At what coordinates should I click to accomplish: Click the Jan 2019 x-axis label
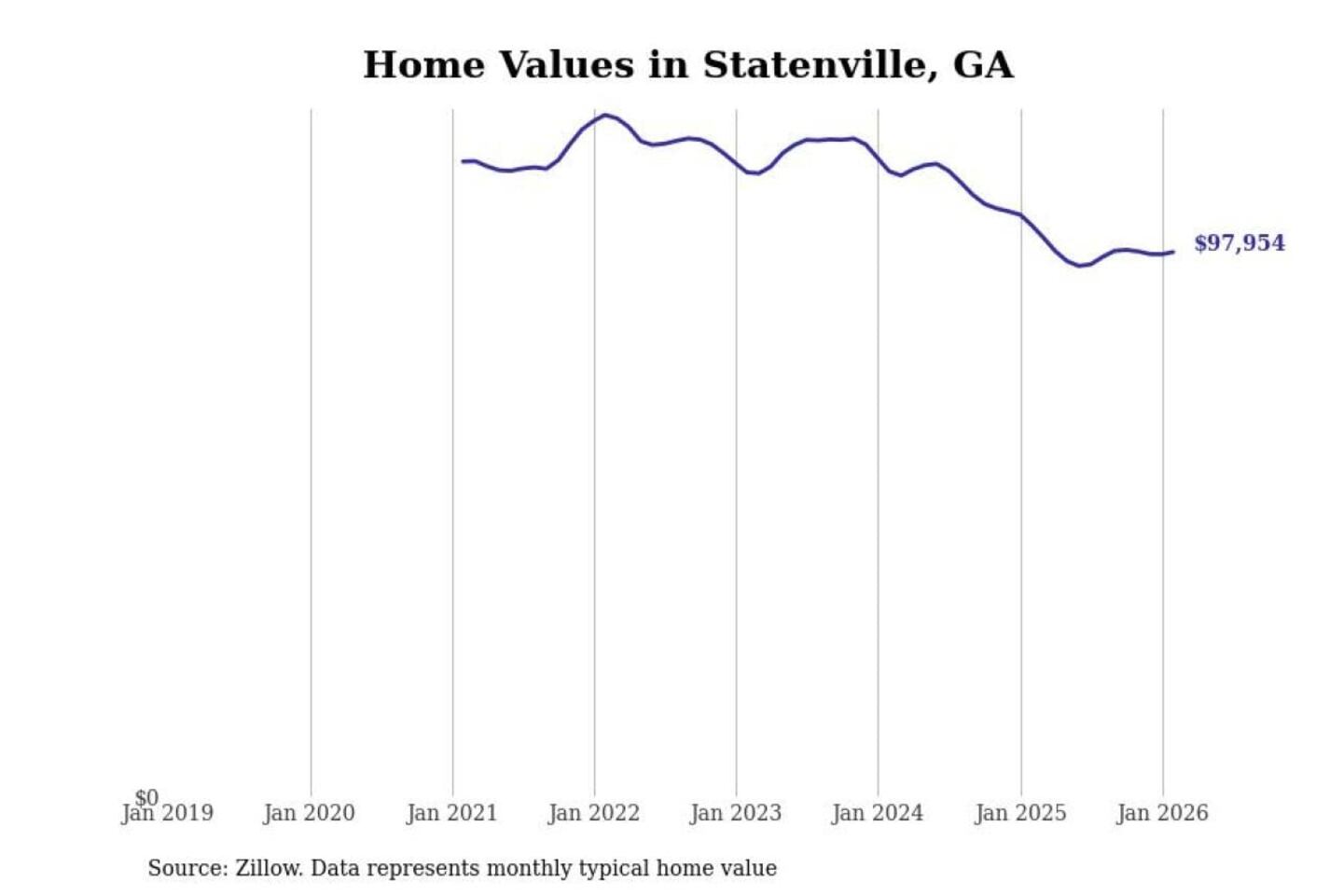[x=168, y=814]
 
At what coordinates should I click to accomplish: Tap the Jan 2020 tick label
[x=310, y=814]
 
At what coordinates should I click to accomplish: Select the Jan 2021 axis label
[x=452, y=814]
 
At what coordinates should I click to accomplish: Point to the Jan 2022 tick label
[x=594, y=814]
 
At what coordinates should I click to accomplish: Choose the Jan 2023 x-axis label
[x=736, y=814]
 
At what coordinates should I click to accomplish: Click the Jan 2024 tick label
[x=878, y=814]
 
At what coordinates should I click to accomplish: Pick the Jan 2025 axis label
[x=1020, y=814]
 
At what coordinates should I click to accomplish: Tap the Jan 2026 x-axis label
[x=1162, y=814]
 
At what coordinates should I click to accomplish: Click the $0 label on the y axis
[x=146, y=797]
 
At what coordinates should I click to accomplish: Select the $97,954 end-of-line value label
[x=1239, y=243]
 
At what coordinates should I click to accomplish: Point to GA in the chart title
[x=983, y=65]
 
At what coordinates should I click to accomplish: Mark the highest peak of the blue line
[x=605, y=116]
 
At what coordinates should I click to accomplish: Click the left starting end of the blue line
[x=463, y=161]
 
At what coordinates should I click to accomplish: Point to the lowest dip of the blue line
[x=1081, y=266]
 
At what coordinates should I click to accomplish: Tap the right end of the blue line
[x=1172, y=252]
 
